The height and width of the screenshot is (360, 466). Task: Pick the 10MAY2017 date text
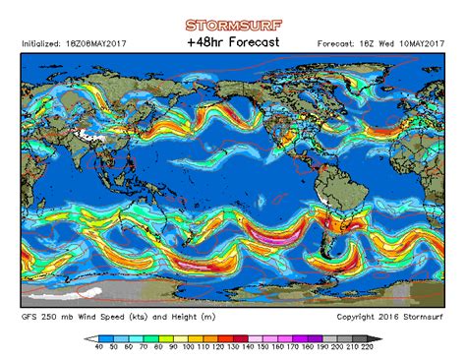tap(418, 43)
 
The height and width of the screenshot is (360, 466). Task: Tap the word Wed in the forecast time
tap(386, 43)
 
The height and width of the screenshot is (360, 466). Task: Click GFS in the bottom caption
tap(30, 317)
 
